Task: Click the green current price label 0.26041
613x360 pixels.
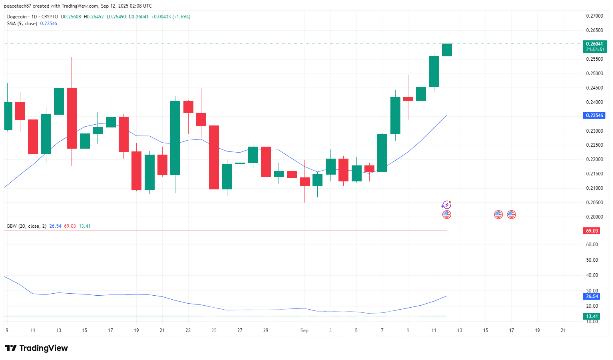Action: click(x=594, y=44)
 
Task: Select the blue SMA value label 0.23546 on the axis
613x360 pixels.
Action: click(x=594, y=115)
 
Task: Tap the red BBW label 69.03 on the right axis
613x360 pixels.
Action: click(x=592, y=231)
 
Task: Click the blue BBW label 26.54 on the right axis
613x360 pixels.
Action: click(x=592, y=296)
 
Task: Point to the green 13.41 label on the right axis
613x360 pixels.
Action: click(x=592, y=316)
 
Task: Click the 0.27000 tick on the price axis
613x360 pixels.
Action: click(x=594, y=16)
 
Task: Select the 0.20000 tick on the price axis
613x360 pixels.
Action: click(x=594, y=217)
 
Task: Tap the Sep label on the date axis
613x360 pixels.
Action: click(x=305, y=330)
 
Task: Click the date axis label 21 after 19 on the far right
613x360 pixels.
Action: click(x=563, y=330)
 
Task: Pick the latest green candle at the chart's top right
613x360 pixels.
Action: click(x=447, y=50)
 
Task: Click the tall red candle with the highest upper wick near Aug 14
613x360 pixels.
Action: click(x=72, y=118)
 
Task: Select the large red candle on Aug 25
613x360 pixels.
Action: click(x=214, y=157)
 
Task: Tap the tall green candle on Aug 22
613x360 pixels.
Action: click(x=175, y=138)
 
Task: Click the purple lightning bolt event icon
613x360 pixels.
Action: click(x=446, y=205)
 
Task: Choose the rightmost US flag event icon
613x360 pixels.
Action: click(x=511, y=215)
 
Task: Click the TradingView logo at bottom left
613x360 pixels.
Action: click(x=36, y=348)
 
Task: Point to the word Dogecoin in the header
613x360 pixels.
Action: click(x=17, y=17)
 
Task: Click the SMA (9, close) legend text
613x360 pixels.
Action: click(x=22, y=24)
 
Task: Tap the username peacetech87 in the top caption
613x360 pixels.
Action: click(x=18, y=6)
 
